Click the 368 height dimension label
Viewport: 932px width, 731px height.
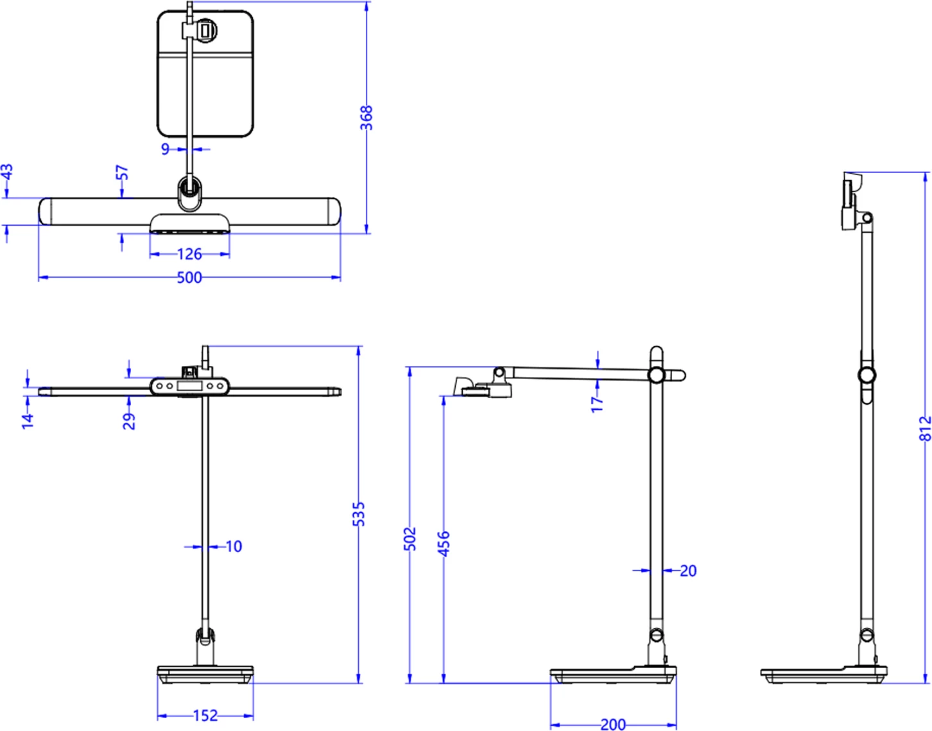pos(366,118)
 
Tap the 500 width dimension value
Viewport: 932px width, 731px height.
pos(189,278)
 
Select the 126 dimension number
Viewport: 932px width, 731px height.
pos(189,254)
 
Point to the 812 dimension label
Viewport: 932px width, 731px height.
pos(925,428)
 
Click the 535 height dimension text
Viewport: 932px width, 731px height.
pos(359,514)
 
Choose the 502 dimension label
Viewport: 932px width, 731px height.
pos(410,539)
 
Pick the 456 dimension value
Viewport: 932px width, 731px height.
pos(444,542)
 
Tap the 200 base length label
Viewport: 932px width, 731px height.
pos(613,725)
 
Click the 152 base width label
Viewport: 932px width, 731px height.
pos(205,716)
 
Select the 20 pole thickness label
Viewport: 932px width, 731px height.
pos(688,570)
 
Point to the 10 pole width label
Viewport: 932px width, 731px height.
pos(234,546)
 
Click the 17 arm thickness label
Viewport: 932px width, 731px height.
pos(597,403)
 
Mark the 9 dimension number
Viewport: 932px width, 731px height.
pos(165,149)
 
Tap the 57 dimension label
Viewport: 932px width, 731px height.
pos(122,172)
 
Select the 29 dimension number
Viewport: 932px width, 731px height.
pos(129,421)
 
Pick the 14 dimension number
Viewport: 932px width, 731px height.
pos(27,421)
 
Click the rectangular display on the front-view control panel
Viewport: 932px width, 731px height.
pos(189,386)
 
